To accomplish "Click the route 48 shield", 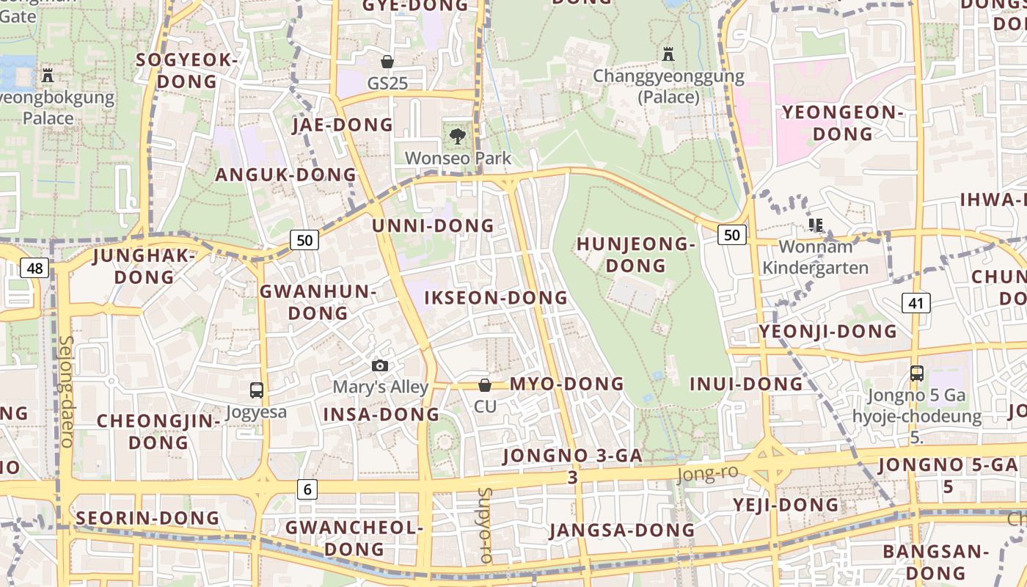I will (35, 268).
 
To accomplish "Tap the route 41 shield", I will (915, 302).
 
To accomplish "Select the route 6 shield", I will (307, 489).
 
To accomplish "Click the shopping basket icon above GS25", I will (387, 62).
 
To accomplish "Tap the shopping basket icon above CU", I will (484, 384).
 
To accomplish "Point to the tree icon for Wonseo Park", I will (457, 136).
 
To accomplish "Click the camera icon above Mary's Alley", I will (380, 365).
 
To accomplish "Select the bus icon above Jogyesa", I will (256, 390).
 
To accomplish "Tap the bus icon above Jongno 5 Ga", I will (916, 373).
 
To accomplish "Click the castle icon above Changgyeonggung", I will (668, 54).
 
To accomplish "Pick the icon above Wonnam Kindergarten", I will (815, 225).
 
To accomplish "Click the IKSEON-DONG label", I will (496, 298).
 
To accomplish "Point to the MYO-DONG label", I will (566, 384).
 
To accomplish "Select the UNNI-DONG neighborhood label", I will (433, 225).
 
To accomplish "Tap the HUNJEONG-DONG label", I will (635, 254).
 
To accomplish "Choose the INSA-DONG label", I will (381, 415).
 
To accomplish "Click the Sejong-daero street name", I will (66, 392).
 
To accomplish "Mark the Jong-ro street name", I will (707, 474).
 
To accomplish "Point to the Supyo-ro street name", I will (485, 525).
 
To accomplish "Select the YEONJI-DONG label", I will (827, 332).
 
